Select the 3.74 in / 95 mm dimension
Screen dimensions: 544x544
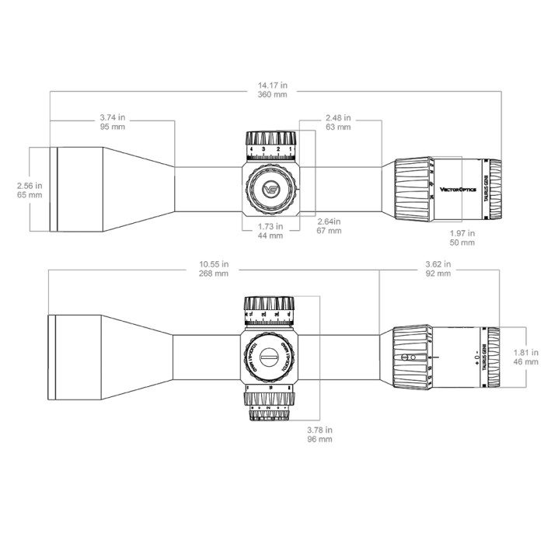coord(113,122)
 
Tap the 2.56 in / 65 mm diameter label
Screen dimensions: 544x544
coord(29,190)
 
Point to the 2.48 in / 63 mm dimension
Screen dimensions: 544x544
coord(337,122)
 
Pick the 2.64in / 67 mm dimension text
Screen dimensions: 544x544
coord(329,225)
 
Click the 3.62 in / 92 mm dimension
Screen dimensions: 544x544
coord(438,269)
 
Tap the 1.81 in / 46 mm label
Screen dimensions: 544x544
coord(526,357)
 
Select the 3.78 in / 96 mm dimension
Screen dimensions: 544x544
coord(320,434)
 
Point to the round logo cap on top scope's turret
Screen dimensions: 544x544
coord(270,188)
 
